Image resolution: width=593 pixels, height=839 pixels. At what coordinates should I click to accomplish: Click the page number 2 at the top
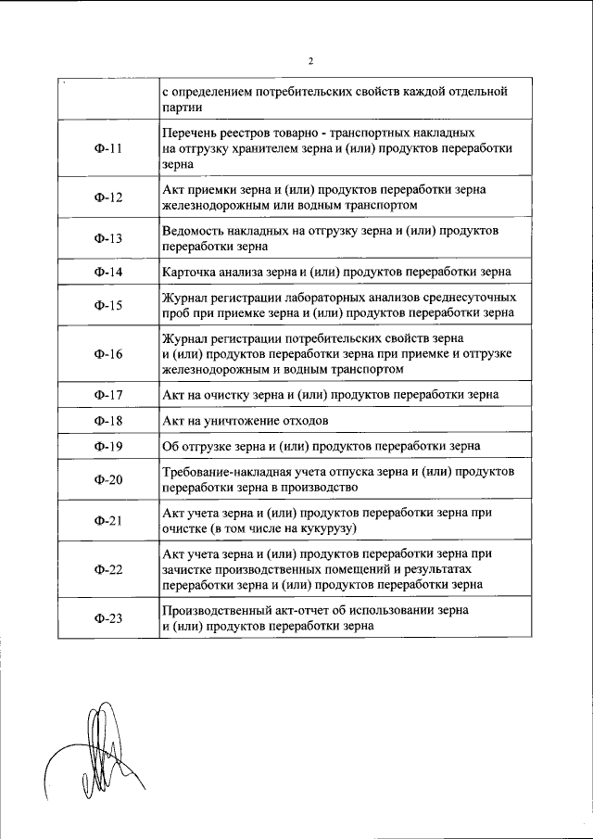point(310,62)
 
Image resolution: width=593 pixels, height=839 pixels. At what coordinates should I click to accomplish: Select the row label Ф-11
point(108,148)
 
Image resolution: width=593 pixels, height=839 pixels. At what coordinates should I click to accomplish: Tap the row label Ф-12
point(108,197)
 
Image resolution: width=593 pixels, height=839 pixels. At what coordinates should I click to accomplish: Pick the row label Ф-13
point(108,238)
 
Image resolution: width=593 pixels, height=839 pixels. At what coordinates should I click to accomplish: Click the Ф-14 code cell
point(108,273)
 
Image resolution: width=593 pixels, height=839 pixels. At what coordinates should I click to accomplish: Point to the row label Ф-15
point(108,305)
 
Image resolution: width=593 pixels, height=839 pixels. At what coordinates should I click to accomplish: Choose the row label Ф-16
point(108,353)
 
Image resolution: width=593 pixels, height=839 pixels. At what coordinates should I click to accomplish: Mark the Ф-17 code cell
point(108,395)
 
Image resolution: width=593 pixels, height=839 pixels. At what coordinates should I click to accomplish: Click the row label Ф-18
point(108,421)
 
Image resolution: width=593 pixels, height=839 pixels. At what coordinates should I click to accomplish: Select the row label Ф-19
point(108,446)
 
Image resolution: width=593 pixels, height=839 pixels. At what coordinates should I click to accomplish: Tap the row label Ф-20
point(108,479)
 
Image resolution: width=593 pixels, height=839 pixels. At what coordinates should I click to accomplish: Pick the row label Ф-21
point(108,521)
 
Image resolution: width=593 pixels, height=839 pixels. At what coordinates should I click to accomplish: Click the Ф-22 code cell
point(108,569)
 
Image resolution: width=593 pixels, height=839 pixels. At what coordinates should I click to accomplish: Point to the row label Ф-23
point(108,618)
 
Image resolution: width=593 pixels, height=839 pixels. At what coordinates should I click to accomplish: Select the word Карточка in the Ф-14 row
point(187,273)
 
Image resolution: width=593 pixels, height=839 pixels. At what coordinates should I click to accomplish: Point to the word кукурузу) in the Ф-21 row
point(328,529)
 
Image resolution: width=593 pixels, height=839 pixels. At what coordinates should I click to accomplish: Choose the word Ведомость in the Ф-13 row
point(191,230)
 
